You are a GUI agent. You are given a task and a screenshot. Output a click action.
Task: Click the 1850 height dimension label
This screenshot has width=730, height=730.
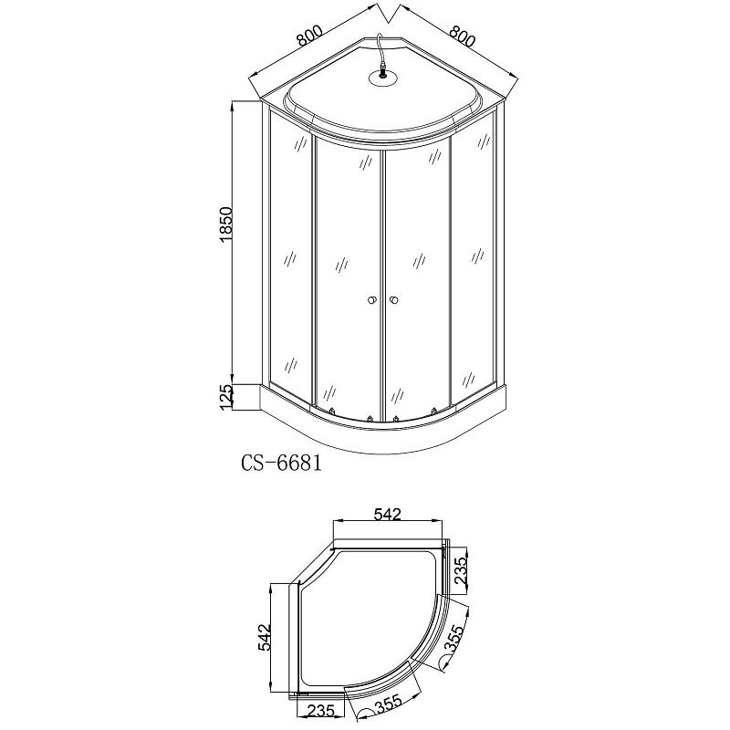pos(225,224)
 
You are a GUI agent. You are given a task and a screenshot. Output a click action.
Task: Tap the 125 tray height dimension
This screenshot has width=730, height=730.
pos(225,398)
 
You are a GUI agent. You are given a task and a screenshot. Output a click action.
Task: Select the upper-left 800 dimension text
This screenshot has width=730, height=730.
pos(309,35)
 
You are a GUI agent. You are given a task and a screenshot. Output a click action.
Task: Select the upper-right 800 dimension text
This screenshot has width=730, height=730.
pos(464,35)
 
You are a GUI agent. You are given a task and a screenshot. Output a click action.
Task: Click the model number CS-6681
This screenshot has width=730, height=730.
pos(282,464)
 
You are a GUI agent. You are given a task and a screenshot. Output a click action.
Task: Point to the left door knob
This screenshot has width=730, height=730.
pos(371,300)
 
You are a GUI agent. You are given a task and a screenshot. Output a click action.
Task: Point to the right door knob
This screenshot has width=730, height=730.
pos(395,300)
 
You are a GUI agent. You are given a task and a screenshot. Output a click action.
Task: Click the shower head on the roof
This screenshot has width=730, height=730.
pos(383,77)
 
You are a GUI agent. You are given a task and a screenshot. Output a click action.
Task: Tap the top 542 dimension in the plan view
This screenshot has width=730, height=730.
pos(387,514)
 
